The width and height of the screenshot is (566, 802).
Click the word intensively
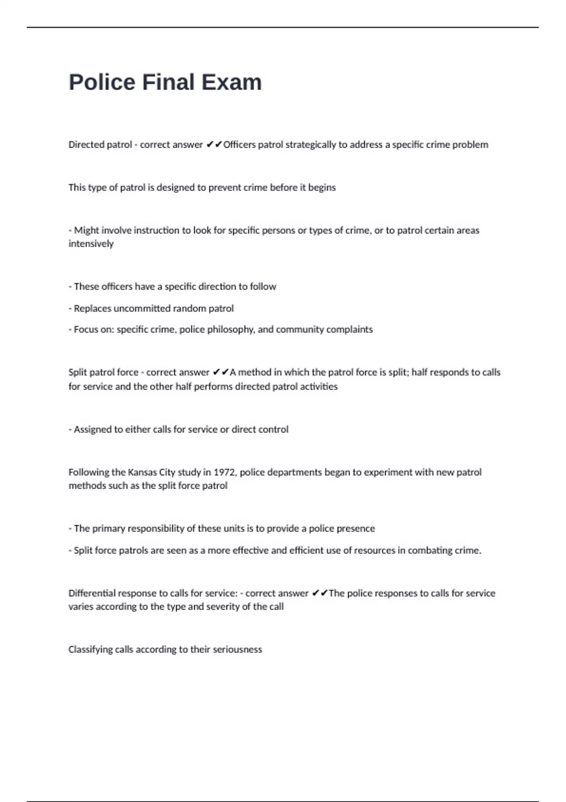[91, 244]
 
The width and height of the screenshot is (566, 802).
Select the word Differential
[92, 593]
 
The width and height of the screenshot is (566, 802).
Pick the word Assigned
[92, 429]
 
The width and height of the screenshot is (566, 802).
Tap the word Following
[87, 472]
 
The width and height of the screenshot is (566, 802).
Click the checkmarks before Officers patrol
[214, 145]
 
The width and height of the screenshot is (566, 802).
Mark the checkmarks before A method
[221, 372]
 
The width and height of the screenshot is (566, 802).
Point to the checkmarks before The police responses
[320, 593]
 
